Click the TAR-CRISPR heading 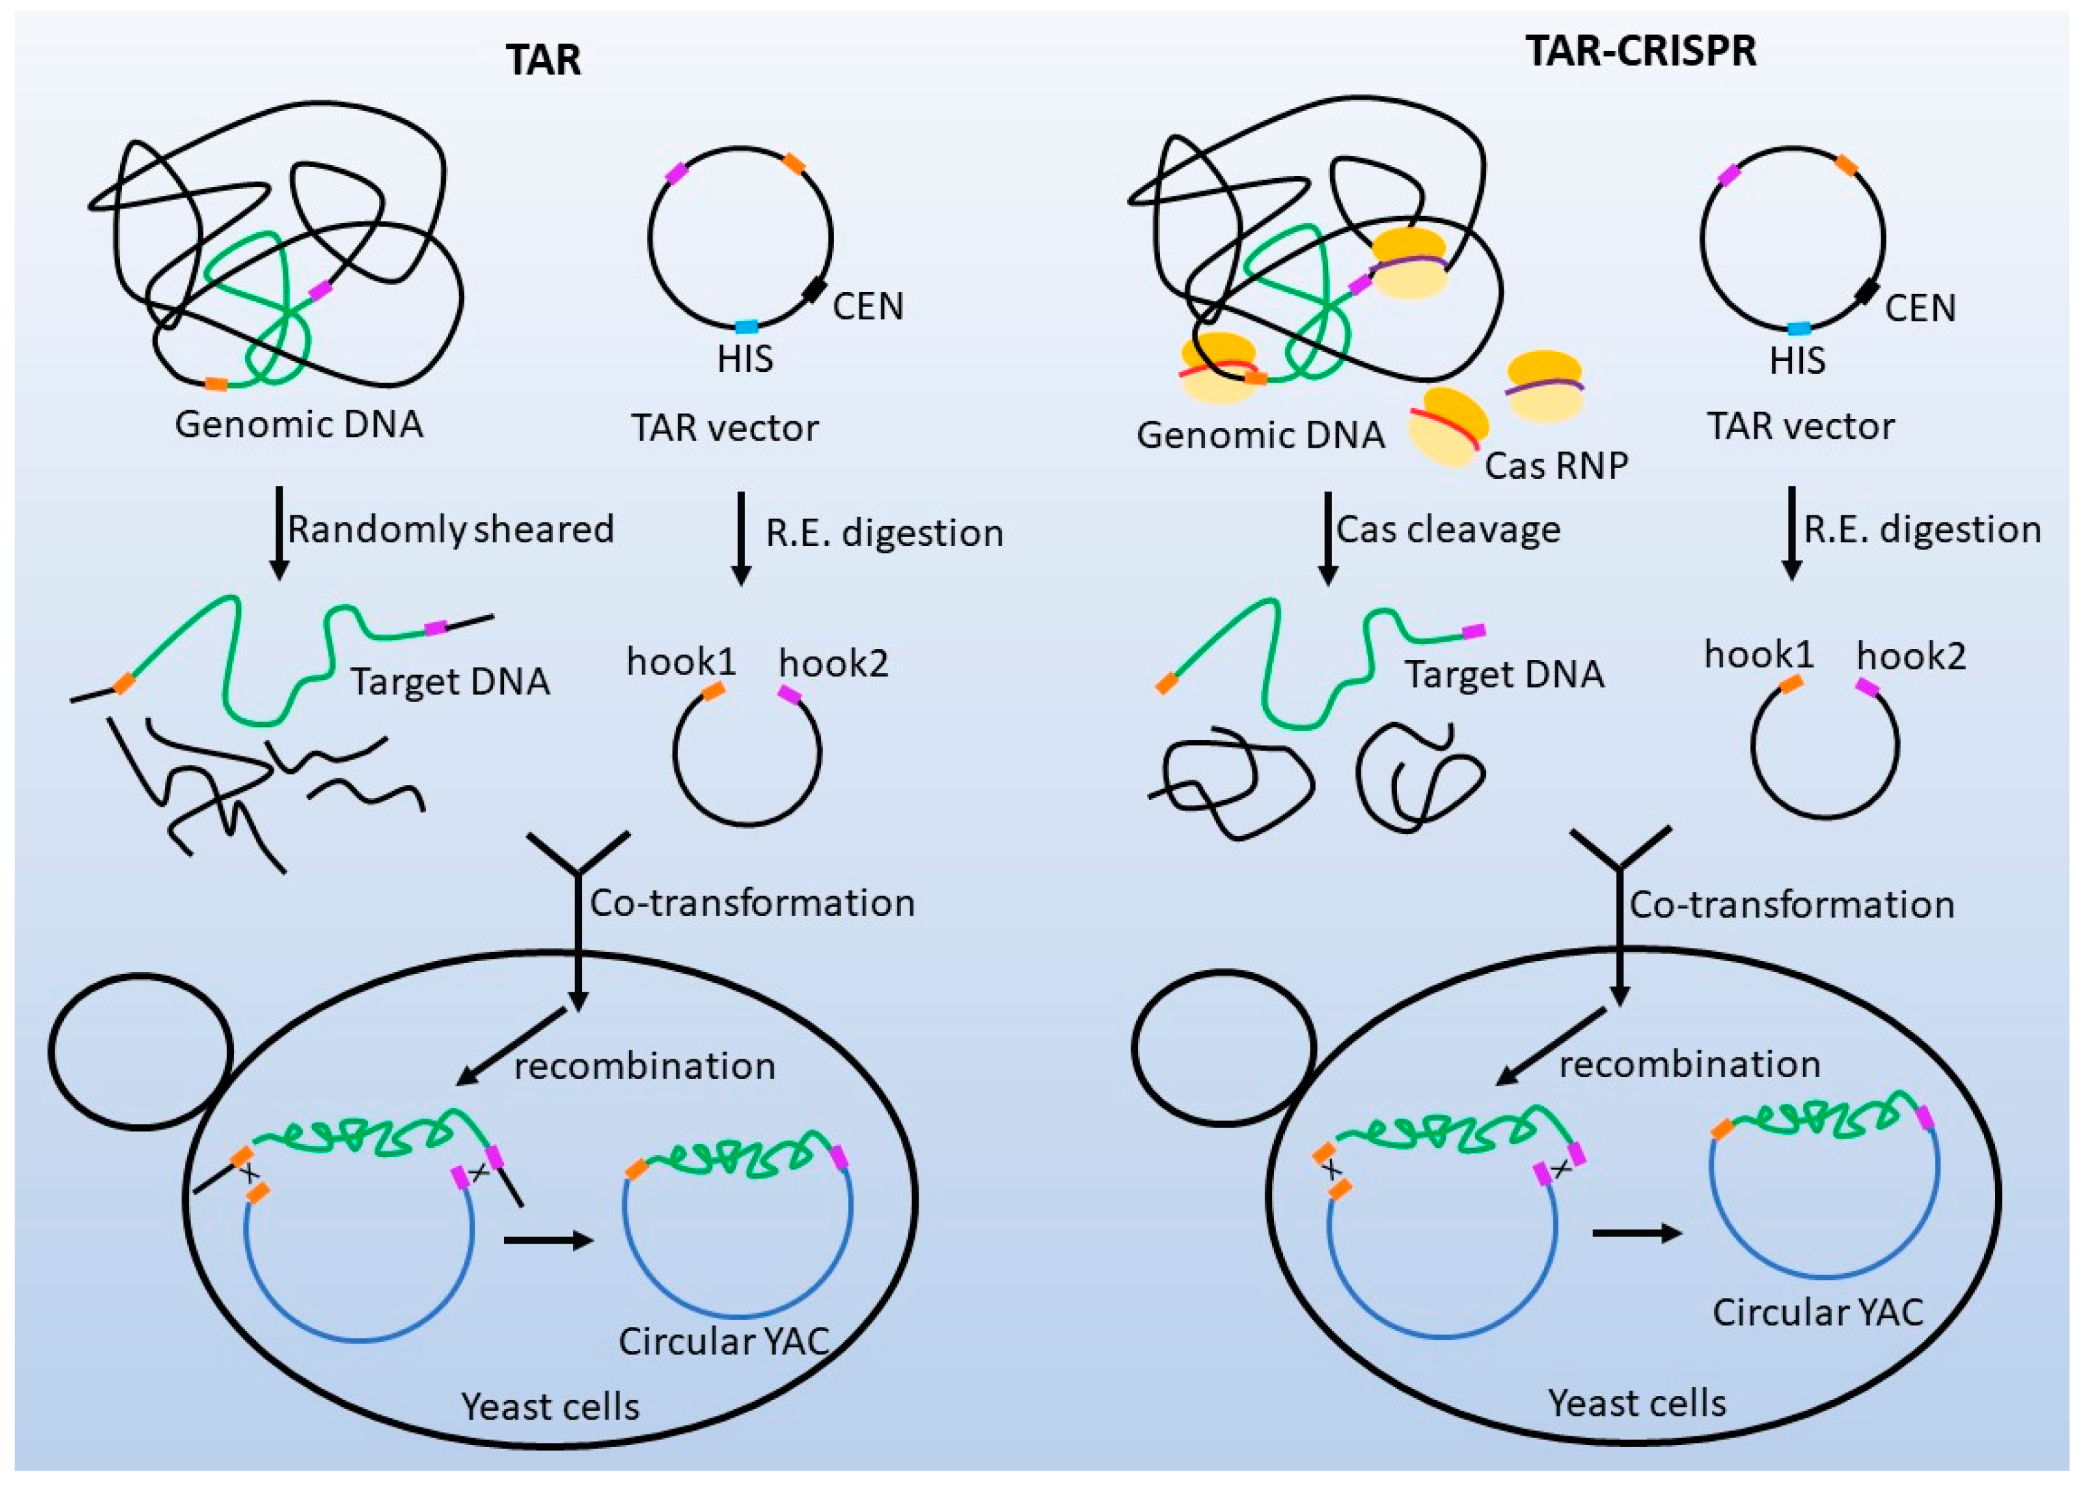[x=1640, y=50]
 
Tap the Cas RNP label [x=1556, y=466]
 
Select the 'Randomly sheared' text [x=450, y=530]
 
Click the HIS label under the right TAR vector [x=1797, y=360]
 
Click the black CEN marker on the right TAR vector [x=1868, y=293]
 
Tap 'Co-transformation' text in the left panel [x=752, y=903]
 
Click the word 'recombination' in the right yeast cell [x=1689, y=1064]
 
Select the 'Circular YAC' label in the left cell [x=723, y=1341]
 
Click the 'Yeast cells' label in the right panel [x=1636, y=1402]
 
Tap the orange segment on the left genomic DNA [x=216, y=383]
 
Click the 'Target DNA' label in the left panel [x=450, y=682]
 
